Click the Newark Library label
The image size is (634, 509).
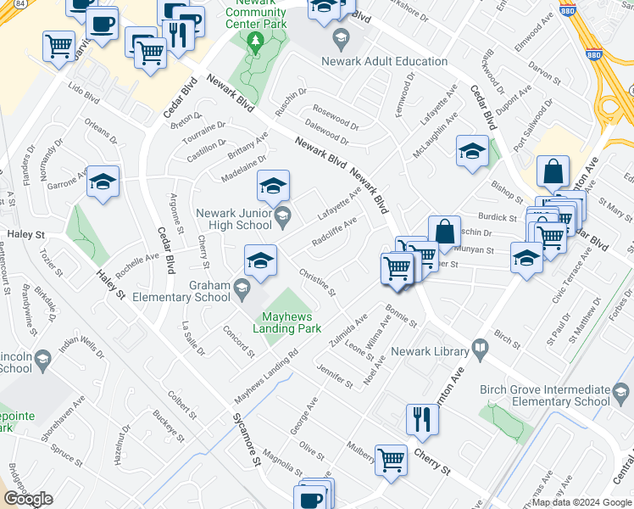(436, 351)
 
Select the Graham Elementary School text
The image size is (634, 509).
(209, 291)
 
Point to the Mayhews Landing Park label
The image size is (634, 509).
(288, 322)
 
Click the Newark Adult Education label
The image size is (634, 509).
(384, 61)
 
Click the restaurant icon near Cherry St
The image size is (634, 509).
(421, 419)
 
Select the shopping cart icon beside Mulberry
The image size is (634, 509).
(391, 460)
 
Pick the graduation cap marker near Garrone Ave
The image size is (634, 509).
(103, 182)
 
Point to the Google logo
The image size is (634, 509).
(28, 499)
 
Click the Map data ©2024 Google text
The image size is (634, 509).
(581, 502)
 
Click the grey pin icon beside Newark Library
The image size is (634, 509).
(480, 349)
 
